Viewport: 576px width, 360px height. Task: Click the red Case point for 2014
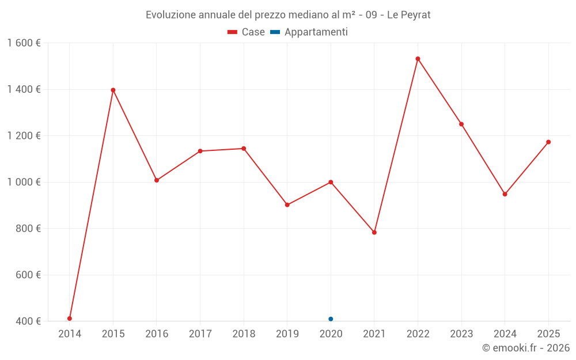[70, 319]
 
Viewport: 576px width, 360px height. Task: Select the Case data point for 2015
[113, 90]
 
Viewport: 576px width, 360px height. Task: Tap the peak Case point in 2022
[418, 59]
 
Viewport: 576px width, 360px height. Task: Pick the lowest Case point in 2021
[374, 233]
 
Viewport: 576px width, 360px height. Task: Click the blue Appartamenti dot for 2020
[331, 319]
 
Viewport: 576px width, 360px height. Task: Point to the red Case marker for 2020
[331, 182]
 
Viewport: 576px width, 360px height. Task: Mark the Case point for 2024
[505, 194]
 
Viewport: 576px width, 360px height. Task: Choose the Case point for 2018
[244, 149]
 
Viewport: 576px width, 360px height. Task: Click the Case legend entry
[247, 32]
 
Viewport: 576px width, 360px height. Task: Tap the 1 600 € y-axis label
[24, 43]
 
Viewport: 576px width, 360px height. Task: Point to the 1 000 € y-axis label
[24, 182]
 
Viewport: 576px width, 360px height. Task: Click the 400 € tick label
[27, 321]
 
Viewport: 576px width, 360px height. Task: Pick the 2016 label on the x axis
[157, 334]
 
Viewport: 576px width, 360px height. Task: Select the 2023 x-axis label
[461, 334]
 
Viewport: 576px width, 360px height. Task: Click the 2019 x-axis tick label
[287, 334]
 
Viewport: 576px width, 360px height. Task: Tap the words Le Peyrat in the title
[408, 15]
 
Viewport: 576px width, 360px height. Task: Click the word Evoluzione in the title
[170, 15]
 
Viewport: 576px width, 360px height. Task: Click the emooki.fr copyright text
[526, 348]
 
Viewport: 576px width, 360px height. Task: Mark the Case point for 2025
[548, 142]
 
